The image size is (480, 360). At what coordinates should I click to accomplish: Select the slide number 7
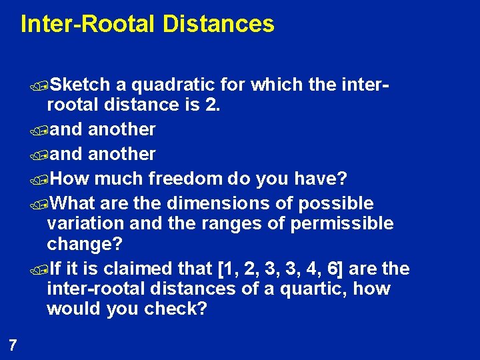(x=12, y=345)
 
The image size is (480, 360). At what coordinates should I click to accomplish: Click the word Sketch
(x=80, y=85)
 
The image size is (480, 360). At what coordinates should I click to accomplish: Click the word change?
(x=85, y=244)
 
